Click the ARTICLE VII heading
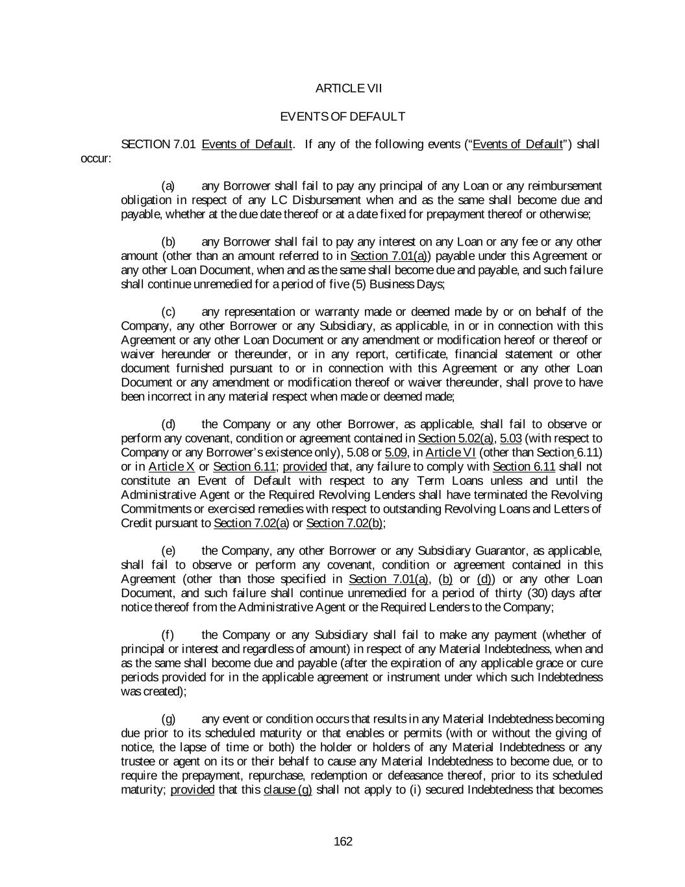point(342,88)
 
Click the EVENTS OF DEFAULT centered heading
point(342,116)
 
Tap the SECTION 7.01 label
point(158,144)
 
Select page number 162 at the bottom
point(342,842)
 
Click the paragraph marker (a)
point(168,186)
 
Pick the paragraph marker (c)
point(168,312)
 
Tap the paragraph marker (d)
point(168,424)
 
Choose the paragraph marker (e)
point(168,551)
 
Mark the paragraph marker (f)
point(167,635)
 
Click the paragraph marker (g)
point(168,719)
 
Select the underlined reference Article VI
point(451,453)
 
